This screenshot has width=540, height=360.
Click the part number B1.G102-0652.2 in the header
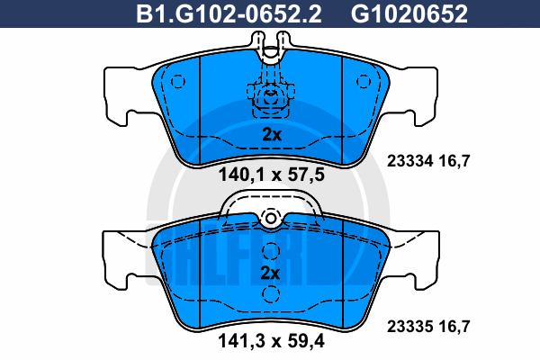pyautogui.click(x=229, y=14)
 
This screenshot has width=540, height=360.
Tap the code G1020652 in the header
pyautogui.click(x=409, y=14)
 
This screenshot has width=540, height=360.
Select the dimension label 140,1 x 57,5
pyautogui.click(x=272, y=175)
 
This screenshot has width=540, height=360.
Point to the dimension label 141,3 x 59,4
pyautogui.click(x=271, y=341)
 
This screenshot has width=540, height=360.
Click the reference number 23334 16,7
pyautogui.click(x=428, y=161)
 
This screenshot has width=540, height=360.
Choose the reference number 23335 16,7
pyautogui.click(x=428, y=326)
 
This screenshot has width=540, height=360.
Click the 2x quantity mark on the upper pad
pyautogui.click(x=272, y=135)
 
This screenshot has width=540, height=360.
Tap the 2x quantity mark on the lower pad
pyautogui.click(x=270, y=273)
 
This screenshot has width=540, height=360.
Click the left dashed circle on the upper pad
pyautogui.click(x=178, y=82)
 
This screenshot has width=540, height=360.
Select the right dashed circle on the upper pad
pyautogui.click(x=364, y=82)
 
